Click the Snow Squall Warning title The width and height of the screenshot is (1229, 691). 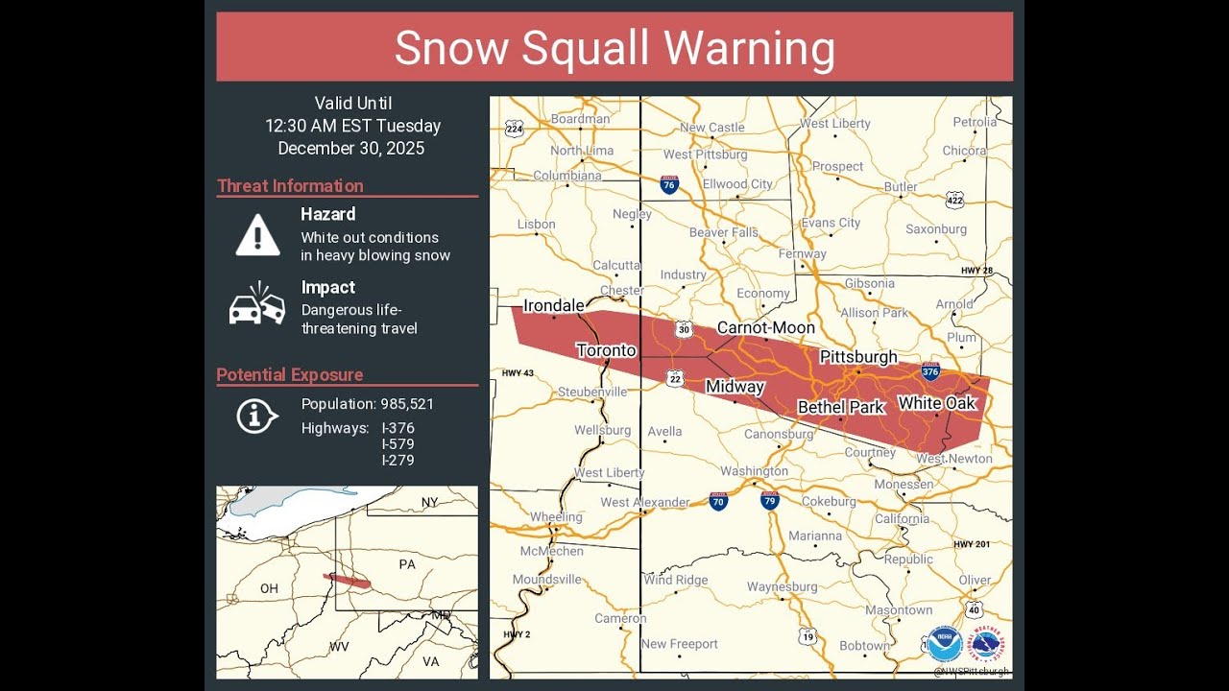coord(614,48)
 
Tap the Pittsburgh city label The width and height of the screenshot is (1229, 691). coord(857,357)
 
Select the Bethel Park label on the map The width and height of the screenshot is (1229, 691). coord(840,407)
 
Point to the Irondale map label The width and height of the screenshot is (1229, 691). coord(553,305)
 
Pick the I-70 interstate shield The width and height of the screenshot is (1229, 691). coord(718,501)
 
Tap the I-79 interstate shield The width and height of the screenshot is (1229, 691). coord(769,501)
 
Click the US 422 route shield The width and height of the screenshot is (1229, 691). coord(953,200)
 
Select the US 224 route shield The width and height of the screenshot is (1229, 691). coord(515,129)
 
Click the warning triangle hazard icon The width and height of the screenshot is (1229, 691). coord(257,235)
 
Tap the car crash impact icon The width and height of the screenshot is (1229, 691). coord(257,304)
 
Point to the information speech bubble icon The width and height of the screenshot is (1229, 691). coord(256,416)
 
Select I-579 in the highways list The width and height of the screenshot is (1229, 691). coord(398,444)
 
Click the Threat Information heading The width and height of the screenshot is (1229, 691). coord(290,186)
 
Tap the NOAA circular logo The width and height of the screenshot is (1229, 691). coord(945,644)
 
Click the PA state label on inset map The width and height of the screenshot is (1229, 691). coord(407,564)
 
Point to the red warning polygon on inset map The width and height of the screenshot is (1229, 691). coord(348,581)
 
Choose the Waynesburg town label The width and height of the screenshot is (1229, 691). coord(782,586)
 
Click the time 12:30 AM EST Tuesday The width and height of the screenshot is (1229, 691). coord(352,126)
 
